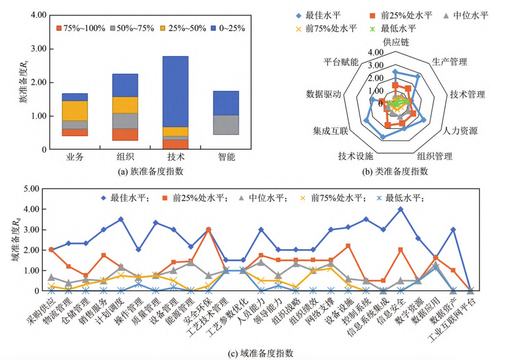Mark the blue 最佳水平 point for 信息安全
400,209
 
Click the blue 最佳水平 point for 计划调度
121,219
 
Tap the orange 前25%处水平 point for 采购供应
51,250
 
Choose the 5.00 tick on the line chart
33,189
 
